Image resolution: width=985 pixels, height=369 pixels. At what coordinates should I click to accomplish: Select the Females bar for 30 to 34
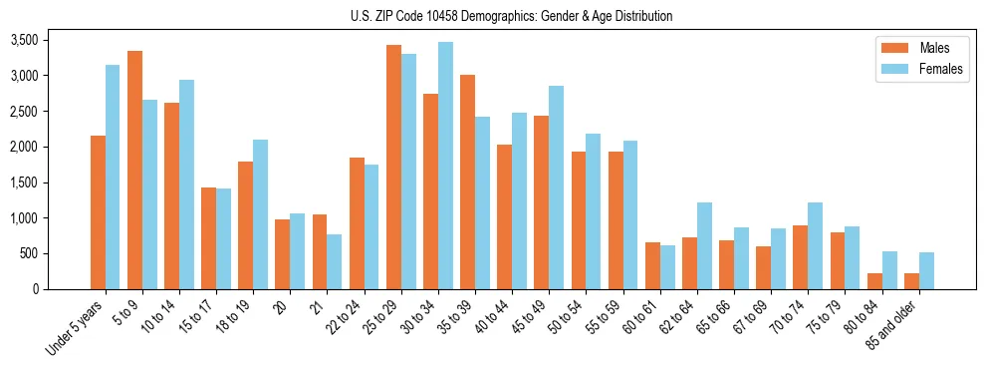[x=445, y=166]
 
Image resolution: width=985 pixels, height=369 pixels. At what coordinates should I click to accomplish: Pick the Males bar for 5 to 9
[x=134, y=170]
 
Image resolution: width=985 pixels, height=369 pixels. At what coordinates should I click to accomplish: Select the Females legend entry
[x=913, y=70]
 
